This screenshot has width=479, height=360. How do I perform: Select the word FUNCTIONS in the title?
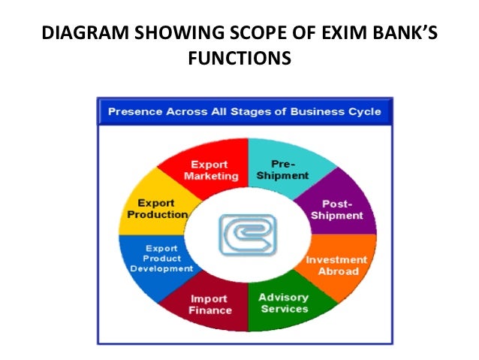click(239, 56)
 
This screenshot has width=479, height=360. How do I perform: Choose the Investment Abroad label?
click(337, 265)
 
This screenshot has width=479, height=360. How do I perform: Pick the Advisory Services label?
click(283, 303)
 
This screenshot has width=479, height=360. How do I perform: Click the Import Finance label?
click(210, 304)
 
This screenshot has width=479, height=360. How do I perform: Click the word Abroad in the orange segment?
click(339, 271)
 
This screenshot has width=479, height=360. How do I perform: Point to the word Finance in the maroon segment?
click(210, 310)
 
